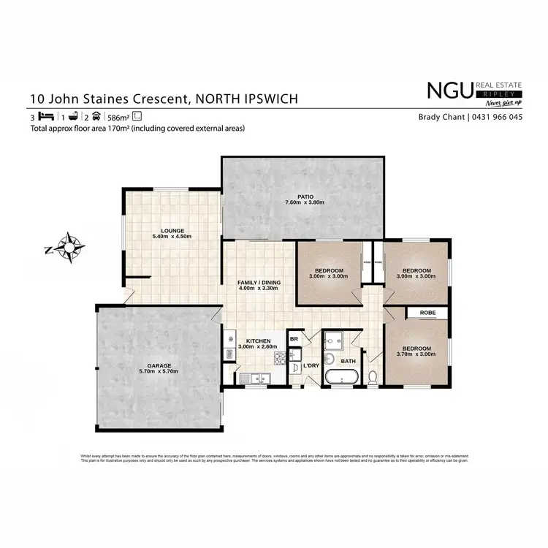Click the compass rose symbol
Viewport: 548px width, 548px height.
69,247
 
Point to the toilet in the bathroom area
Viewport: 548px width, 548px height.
372,377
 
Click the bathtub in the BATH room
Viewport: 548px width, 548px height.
341,378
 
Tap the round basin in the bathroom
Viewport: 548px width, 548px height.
330,359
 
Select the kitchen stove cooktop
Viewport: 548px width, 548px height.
278,358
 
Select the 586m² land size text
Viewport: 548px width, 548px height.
119,117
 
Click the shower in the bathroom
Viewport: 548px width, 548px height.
340,340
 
